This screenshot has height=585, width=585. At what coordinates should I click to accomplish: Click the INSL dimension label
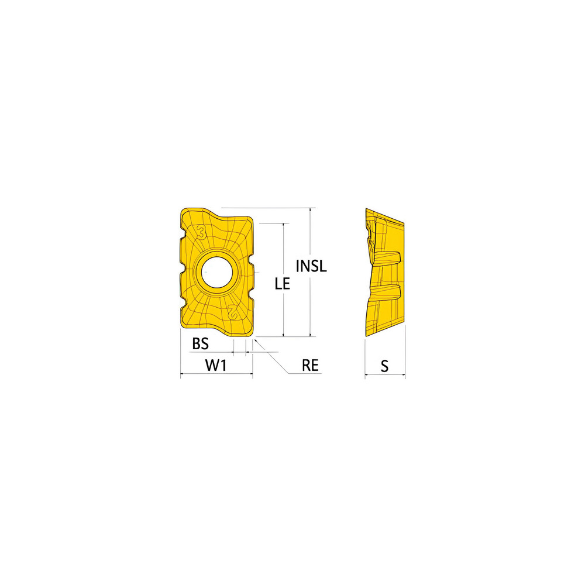(x=311, y=266)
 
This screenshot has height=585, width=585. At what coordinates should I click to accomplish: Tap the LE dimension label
(x=283, y=284)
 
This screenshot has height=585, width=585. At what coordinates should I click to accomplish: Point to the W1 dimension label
(x=216, y=366)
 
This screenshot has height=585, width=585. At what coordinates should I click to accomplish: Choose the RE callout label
(x=310, y=366)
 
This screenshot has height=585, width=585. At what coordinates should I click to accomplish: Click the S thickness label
(x=384, y=366)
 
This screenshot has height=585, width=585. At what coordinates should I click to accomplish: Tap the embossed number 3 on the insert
(x=202, y=233)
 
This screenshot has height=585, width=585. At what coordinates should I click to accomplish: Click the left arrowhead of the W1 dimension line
(x=182, y=375)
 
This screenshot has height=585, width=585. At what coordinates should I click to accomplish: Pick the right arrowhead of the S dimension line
(x=404, y=375)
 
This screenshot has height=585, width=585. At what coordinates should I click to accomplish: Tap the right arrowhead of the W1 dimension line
(x=251, y=375)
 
